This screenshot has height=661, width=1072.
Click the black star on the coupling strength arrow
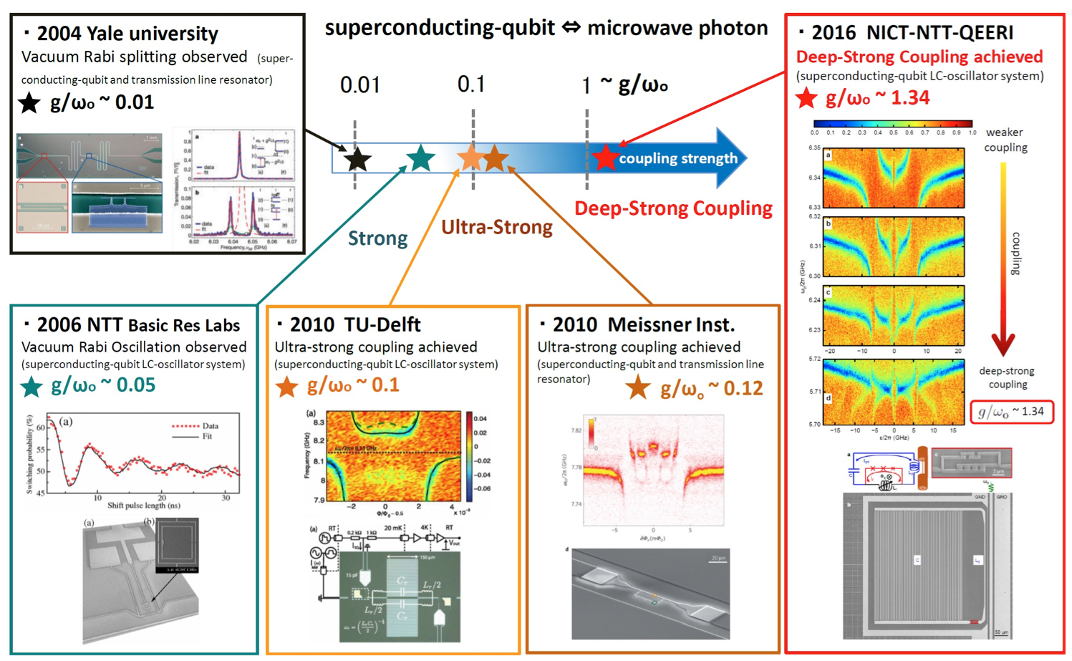click(x=357, y=159)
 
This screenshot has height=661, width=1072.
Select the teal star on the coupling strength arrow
click(x=420, y=158)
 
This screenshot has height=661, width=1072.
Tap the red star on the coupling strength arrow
click(x=605, y=158)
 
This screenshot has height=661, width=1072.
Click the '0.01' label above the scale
click(x=359, y=85)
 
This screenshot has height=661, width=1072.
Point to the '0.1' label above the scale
click(x=471, y=85)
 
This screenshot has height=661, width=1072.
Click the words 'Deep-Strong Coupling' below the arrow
click(x=673, y=208)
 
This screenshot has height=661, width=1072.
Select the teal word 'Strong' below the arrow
click(x=377, y=238)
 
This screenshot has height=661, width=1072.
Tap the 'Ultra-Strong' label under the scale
click(x=497, y=227)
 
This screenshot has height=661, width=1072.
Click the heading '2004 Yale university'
click(x=127, y=34)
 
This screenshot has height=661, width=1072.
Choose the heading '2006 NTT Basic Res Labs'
click(x=137, y=325)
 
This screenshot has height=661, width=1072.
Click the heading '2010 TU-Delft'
click(x=355, y=324)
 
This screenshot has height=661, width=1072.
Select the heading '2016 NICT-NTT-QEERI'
click(x=912, y=33)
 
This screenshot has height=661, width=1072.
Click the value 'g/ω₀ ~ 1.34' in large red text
click(x=877, y=97)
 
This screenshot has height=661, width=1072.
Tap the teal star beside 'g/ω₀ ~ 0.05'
click(x=32, y=387)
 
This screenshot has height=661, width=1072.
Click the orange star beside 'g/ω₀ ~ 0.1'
click(x=286, y=387)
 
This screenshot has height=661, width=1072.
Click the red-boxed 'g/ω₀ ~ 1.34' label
click(x=1011, y=412)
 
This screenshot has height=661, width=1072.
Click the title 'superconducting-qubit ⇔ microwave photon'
click(x=546, y=28)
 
